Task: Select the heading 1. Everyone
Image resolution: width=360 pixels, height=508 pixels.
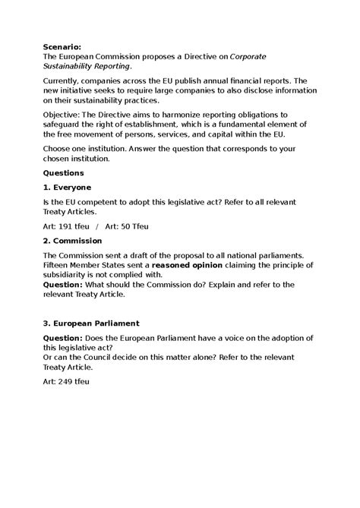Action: pyautogui.click(x=68, y=187)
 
